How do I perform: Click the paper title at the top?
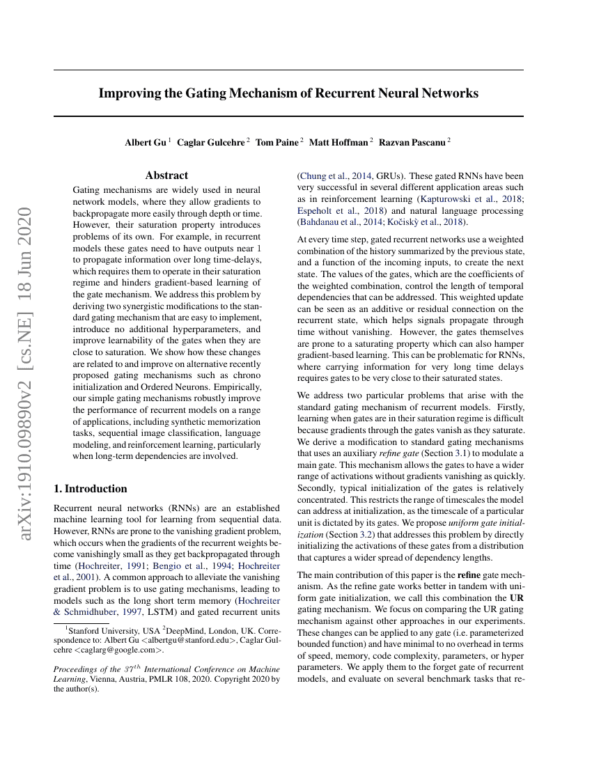click(x=288, y=93)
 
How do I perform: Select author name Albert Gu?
click(x=146, y=143)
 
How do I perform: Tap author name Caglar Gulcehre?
click(x=211, y=143)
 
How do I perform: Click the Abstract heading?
click(x=166, y=175)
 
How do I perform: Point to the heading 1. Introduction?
click(x=91, y=489)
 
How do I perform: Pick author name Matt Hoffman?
click(x=338, y=143)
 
